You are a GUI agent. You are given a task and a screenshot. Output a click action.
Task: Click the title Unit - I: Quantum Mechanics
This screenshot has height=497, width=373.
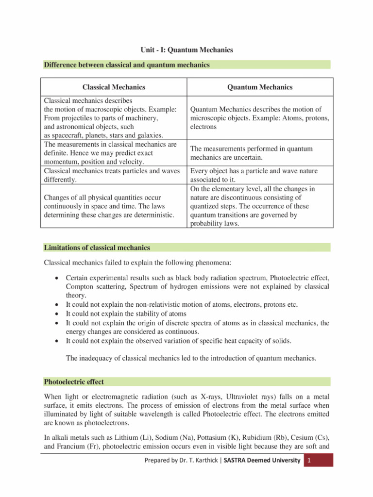[187, 50]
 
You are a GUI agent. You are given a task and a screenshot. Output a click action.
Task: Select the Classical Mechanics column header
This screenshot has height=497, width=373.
[114, 87]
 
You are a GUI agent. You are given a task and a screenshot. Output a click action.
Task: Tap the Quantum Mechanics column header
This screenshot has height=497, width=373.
[260, 87]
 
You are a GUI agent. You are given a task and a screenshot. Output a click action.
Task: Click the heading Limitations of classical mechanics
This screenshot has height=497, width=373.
[97, 248]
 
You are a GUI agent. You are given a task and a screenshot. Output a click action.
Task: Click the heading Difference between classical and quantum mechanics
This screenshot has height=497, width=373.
[127, 65]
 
